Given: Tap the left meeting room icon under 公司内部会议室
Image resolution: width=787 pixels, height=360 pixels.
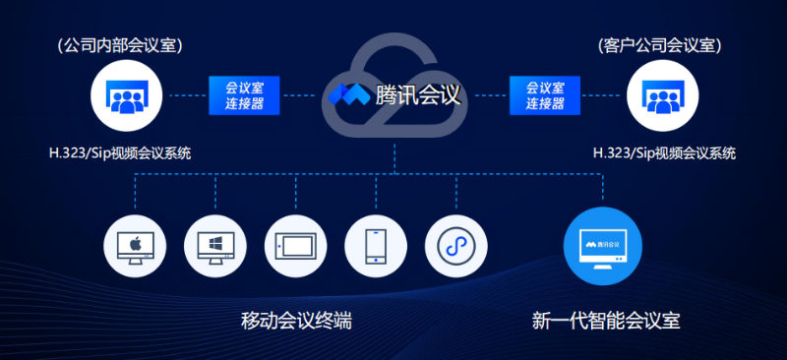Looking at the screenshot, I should [124, 95].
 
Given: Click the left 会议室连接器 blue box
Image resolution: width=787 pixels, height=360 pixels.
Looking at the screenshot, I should [244, 94].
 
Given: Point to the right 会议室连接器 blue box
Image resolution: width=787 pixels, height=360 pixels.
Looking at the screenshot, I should [544, 94].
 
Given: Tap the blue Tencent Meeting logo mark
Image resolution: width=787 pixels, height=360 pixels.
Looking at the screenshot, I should [347, 95].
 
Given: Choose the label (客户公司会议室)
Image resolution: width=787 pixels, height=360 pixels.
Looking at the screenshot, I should [661, 45].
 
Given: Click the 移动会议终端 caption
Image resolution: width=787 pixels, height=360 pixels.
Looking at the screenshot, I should [296, 321].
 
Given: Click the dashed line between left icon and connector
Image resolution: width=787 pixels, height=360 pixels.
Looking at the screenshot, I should [183, 95].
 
